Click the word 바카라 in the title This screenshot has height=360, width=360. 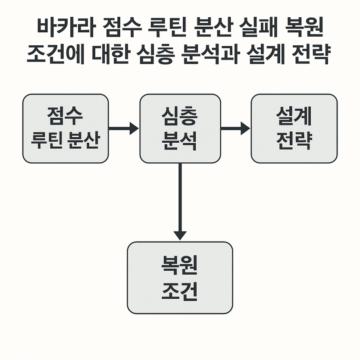click(x=66, y=27)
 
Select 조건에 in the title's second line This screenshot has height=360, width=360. click(x=56, y=54)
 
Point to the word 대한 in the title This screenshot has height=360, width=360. click(x=110, y=54)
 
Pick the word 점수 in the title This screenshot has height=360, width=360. click(x=121, y=27)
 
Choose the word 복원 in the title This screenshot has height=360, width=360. click(x=304, y=27)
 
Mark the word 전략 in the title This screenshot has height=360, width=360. click(x=311, y=54)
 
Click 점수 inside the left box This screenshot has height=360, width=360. click(x=65, y=116)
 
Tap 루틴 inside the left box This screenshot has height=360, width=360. click(x=47, y=140)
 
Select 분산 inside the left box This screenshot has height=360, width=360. click(x=84, y=140)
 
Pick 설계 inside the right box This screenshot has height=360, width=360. click(x=294, y=116)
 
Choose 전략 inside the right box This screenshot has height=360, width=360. click(x=294, y=141)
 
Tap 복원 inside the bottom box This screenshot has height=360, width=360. click(x=179, y=265)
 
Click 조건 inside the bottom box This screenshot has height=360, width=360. click(x=179, y=291)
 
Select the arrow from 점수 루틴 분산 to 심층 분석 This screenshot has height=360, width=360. click(x=123, y=128)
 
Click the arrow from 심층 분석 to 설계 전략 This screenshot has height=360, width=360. click(x=235, y=128)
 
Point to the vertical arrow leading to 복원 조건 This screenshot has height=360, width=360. click(x=180, y=202)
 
